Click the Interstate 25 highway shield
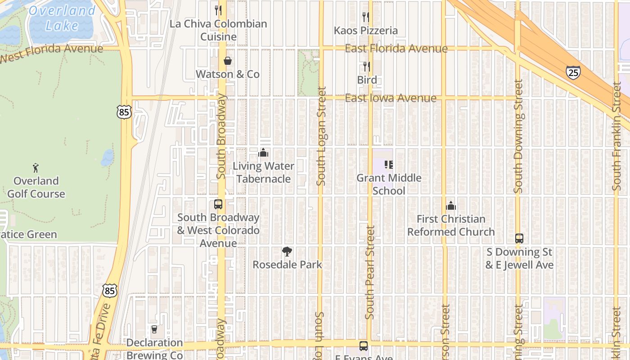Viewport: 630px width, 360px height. tap(573, 72)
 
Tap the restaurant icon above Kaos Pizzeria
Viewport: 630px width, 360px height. tap(366, 17)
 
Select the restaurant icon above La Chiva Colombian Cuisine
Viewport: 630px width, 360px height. tap(218, 10)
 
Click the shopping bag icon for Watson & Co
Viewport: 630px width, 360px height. tap(228, 61)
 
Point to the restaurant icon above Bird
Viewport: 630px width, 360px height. tap(367, 67)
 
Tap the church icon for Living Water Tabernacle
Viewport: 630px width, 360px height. tap(263, 153)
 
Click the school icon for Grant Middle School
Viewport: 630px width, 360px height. tap(389, 165)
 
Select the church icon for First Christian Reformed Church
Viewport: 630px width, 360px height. tap(451, 206)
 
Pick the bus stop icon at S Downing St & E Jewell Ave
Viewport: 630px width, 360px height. tap(519, 238)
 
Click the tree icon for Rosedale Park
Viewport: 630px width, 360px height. tap(287, 252)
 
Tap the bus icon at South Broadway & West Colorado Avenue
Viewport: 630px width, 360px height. tap(218, 204)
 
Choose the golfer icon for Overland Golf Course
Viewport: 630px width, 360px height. tap(36, 168)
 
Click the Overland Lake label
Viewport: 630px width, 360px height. tap(62, 18)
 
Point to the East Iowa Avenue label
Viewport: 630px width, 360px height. tap(391, 98)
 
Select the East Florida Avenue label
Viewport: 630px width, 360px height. tap(396, 49)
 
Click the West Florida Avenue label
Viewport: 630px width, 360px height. tap(51, 53)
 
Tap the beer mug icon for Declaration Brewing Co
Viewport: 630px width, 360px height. tap(154, 330)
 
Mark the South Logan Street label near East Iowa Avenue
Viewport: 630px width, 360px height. tap(321, 136)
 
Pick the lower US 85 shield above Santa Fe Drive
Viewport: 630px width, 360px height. tap(109, 290)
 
